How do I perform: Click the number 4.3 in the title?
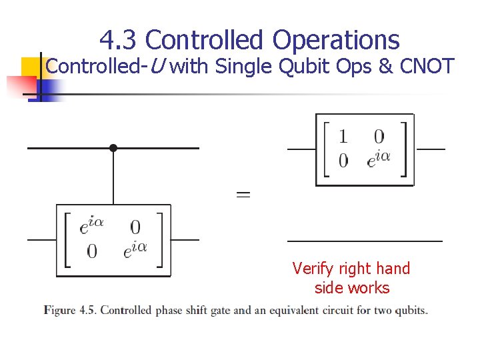(x=119, y=40)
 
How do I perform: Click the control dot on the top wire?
(x=113, y=148)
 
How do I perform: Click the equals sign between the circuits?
(x=243, y=195)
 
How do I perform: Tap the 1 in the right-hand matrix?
(x=343, y=137)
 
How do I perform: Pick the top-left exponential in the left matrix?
(x=91, y=226)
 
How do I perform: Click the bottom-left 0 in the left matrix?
(x=92, y=251)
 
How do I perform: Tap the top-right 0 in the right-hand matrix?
(x=379, y=137)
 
